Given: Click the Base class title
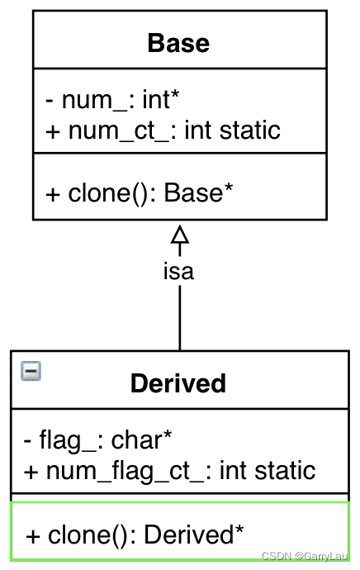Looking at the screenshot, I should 178,43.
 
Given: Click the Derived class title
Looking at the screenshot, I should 178,383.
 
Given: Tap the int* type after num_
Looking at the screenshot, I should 161,101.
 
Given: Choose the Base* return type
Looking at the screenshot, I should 199,192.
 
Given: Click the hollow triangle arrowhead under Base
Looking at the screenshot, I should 179,235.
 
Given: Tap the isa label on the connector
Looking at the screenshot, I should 178,272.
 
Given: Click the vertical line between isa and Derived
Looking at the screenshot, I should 179,318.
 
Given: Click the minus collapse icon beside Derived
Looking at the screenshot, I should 31,372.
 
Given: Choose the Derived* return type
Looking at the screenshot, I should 194,534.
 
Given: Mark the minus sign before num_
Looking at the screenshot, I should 50,101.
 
